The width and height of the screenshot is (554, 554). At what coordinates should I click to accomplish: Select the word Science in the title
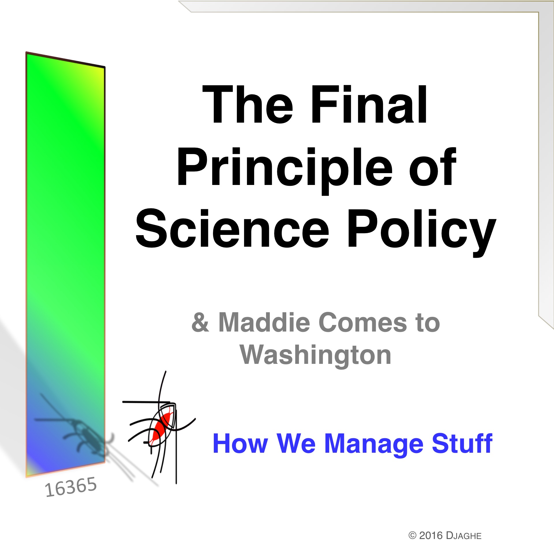pos(233,228)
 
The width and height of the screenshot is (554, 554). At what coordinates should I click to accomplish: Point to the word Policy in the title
pos(422,233)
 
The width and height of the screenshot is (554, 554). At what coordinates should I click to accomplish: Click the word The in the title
pos(248,104)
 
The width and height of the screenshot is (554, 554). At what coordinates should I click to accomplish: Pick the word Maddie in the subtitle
pos(264,322)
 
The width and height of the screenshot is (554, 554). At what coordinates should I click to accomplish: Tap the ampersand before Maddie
pos(200,322)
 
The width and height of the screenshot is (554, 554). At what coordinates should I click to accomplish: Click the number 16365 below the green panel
pos(71,487)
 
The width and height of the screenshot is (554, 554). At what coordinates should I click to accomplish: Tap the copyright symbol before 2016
pos(413,536)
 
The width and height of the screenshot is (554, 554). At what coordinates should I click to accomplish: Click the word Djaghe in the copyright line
pos(464,536)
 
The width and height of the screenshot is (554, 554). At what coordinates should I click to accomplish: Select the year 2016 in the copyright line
pos(431,536)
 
